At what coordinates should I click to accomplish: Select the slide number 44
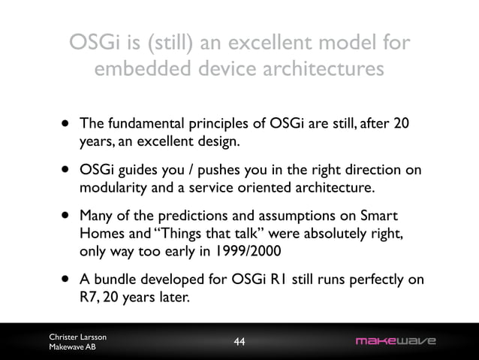click(x=239, y=343)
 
